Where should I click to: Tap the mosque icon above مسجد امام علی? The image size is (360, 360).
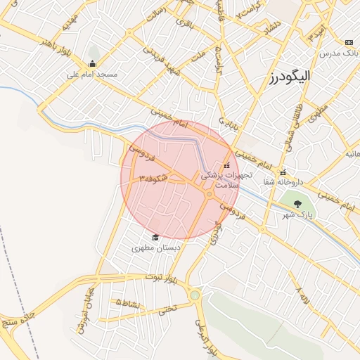click(93, 64)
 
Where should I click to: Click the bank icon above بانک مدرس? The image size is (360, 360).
click(349, 43)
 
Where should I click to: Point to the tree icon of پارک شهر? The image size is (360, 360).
click(298, 204)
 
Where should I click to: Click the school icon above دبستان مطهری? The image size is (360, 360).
click(155, 237)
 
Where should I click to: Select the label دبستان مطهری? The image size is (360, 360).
click(157, 247)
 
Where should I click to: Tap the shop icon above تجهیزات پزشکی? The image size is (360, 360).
click(226, 164)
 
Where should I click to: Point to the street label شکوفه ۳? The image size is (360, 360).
click(153, 179)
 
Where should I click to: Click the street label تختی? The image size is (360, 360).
click(167, 307)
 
